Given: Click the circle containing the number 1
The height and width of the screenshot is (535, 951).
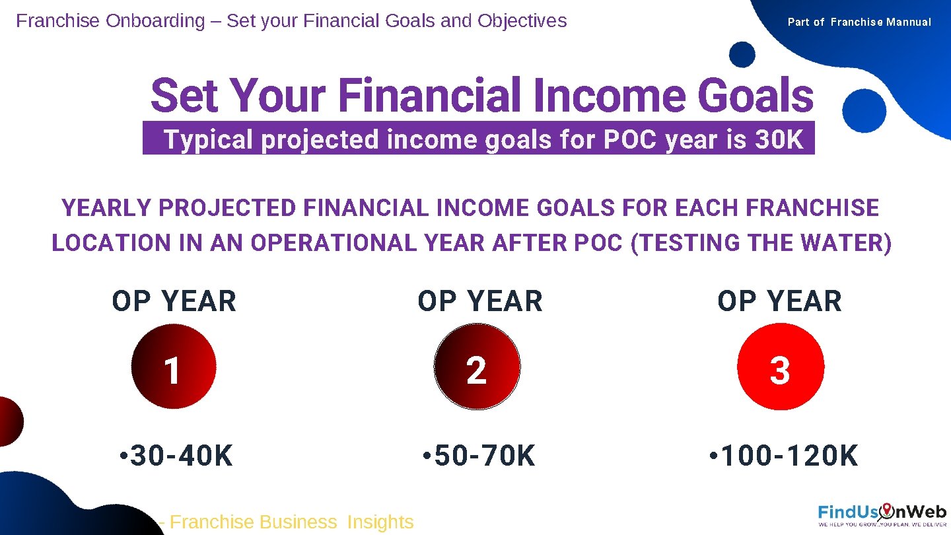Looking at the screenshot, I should (x=174, y=367).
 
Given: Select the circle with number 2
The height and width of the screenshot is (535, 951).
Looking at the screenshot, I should (x=477, y=367).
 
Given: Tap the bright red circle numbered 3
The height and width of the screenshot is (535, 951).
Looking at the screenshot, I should (x=781, y=367).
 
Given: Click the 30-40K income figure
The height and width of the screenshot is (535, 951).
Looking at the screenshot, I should (x=176, y=456).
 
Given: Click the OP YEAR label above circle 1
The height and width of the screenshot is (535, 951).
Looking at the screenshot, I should (x=174, y=302).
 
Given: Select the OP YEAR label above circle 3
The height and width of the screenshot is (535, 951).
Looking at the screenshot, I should (x=780, y=302).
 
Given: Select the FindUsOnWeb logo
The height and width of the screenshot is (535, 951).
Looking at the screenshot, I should (x=882, y=514).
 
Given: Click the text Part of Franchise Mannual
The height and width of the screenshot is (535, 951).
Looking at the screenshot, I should (x=859, y=22).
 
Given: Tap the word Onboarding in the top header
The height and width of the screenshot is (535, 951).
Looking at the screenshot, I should (x=155, y=21).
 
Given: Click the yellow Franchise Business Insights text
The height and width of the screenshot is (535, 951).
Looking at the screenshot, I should (x=291, y=522).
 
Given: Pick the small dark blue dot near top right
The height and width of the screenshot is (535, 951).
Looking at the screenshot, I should (x=743, y=54).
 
